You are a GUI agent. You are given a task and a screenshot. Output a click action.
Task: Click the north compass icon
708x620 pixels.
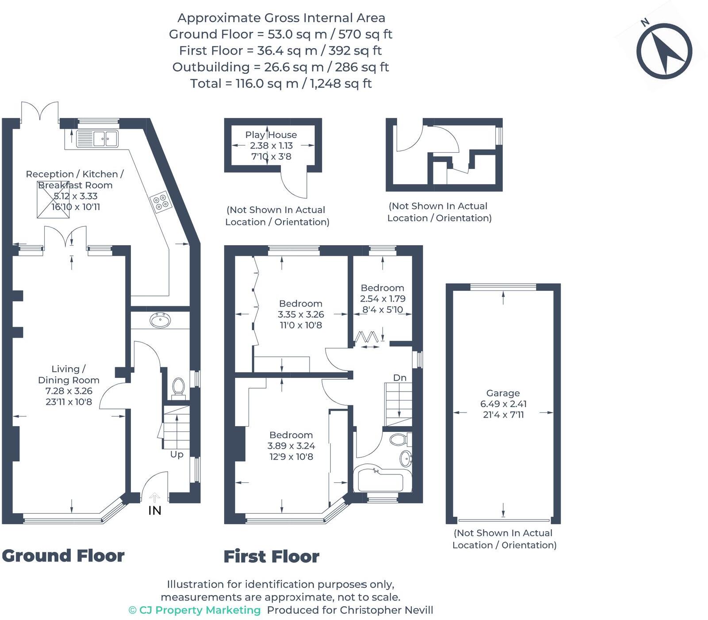[664, 51]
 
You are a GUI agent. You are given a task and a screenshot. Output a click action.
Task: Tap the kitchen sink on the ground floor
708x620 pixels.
[97, 139]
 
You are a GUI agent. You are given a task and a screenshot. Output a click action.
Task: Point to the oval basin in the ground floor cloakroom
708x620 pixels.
[160, 320]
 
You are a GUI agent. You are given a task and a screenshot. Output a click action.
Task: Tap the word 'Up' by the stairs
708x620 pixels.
[176, 454]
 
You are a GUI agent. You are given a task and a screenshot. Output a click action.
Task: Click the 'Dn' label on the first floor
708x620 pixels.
[399, 377]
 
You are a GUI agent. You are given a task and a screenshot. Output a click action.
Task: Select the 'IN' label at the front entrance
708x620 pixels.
[155, 510]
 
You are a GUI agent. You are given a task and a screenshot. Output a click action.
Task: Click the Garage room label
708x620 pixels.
[503, 393]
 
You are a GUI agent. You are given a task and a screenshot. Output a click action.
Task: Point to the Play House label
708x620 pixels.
[271, 135]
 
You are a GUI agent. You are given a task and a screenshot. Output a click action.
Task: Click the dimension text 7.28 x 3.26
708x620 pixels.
[69, 391]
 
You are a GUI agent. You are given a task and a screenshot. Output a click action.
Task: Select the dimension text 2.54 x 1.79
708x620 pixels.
[383, 299]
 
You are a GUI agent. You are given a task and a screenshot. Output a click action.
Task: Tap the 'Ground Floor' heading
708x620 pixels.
[63, 556]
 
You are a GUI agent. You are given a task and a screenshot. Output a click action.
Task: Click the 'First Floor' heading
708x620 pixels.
[271, 557]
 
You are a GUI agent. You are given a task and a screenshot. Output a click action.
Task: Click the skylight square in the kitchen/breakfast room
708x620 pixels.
[53, 200]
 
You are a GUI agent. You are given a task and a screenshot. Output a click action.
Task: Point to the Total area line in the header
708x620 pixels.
[281, 84]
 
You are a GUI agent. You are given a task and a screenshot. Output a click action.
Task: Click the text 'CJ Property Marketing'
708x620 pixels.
[199, 610]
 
